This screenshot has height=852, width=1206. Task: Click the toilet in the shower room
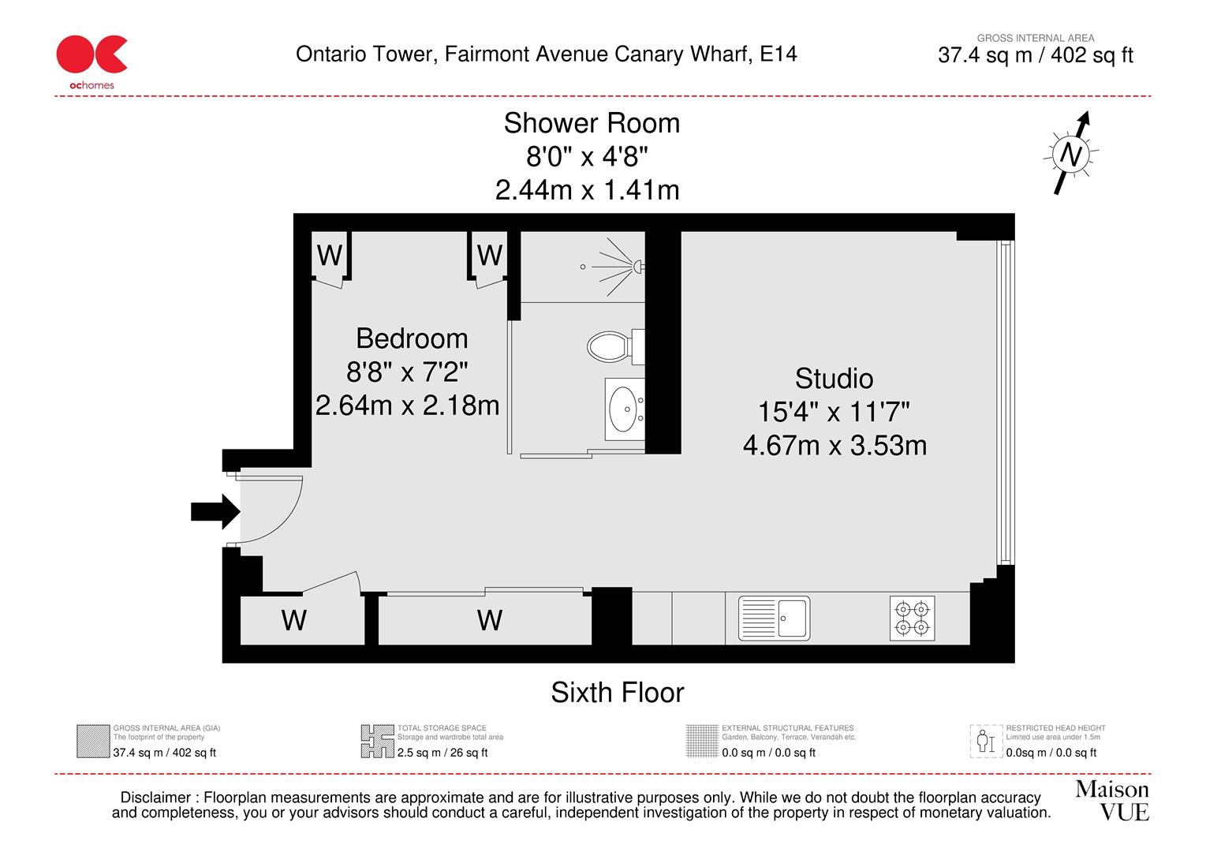point(610,346)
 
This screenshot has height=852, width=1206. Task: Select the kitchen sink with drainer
point(774,617)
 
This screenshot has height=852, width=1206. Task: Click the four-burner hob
point(913,618)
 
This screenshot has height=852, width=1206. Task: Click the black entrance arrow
point(215,511)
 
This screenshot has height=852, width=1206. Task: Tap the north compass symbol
point(1070,153)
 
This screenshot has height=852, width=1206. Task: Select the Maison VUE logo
point(1112,800)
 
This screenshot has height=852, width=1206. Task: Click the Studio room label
point(834,379)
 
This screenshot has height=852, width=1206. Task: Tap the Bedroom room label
point(412,338)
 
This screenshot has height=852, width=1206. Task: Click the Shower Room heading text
point(592,124)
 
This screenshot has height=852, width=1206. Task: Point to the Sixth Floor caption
point(617,693)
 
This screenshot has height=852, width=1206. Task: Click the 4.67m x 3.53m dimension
point(834,446)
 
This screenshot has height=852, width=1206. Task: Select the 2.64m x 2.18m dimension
point(407,405)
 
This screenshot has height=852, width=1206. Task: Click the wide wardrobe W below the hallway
point(489,620)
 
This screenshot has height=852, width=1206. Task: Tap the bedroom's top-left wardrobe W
point(330,256)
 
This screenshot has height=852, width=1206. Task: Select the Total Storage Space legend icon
point(377,741)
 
